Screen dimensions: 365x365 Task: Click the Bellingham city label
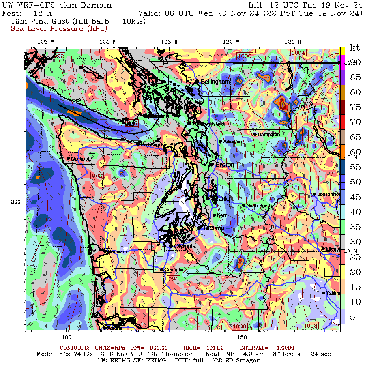(x=215, y=82)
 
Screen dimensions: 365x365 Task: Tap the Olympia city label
(x=185, y=246)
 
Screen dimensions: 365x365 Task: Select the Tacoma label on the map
(x=213, y=228)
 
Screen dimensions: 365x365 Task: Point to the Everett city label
(x=224, y=165)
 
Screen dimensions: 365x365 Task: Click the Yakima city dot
(x=323, y=293)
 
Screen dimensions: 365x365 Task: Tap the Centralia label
(x=174, y=270)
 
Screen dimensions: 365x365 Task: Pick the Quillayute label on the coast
(x=84, y=159)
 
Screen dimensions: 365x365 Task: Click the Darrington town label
(x=268, y=134)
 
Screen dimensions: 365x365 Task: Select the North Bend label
(x=258, y=206)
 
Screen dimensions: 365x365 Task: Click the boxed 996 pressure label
(x=173, y=279)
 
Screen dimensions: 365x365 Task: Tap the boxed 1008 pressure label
(x=310, y=326)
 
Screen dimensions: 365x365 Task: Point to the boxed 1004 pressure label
(x=298, y=53)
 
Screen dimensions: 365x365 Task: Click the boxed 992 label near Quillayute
(x=97, y=175)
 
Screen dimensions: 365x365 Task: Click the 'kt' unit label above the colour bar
(x=354, y=48)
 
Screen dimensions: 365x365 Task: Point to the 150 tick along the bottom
(x=242, y=337)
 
